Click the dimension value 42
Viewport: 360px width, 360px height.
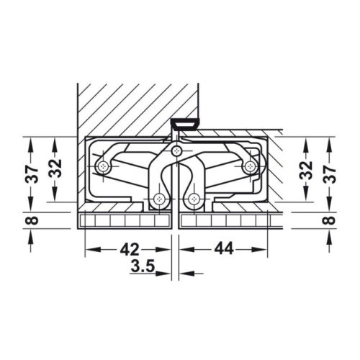click(130, 249)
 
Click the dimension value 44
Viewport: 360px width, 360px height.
click(224, 248)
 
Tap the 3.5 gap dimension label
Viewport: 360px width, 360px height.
click(142, 266)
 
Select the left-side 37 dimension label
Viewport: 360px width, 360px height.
click(32, 174)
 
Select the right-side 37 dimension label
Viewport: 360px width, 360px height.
click(331, 174)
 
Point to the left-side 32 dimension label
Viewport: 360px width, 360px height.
click(55, 168)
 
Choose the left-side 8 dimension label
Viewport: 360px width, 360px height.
click(32, 220)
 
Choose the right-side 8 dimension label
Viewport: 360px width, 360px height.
click(331, 220)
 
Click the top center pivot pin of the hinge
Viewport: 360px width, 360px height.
click(177, 150)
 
